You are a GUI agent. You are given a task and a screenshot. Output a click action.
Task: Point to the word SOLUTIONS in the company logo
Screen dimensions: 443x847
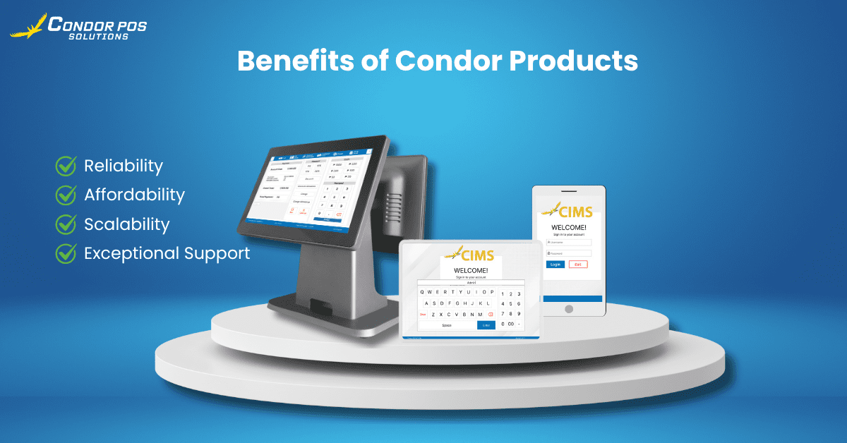(98, 37)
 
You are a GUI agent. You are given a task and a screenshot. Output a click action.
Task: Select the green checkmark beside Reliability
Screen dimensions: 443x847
(66, 166)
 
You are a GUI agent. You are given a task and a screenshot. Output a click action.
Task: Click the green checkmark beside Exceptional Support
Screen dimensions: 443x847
(66, 253)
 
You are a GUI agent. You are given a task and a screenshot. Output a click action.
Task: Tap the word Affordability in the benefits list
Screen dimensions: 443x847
(134, 195)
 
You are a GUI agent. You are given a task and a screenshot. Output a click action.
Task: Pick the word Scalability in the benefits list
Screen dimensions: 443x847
(127, 224)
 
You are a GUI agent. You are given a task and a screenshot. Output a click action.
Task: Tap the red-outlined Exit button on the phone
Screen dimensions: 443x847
(578, 264)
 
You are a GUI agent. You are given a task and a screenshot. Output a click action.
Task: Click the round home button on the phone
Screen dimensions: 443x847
(568, 309)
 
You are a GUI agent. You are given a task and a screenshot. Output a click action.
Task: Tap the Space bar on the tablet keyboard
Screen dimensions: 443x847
(447, 325)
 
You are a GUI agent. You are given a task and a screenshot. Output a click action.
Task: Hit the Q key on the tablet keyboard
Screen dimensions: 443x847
(422, 292)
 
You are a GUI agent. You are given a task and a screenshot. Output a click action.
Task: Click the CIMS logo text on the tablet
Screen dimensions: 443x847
(477, 255)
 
